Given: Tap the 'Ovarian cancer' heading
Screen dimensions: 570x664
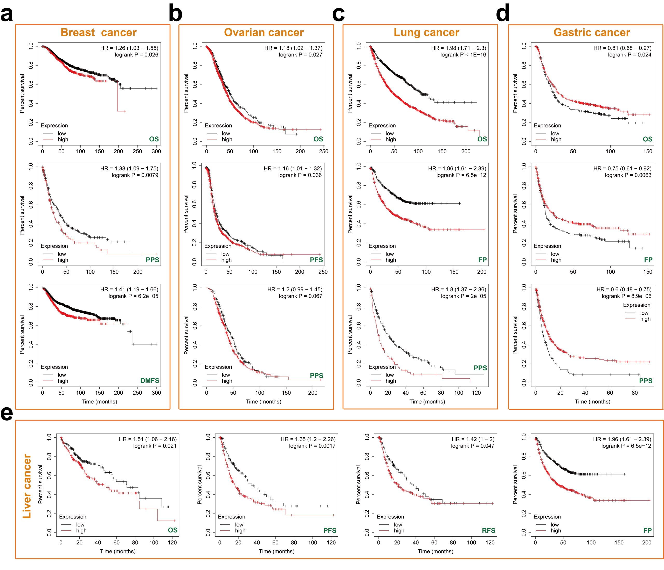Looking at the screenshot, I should tap(264, 33).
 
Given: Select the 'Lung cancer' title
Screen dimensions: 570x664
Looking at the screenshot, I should tap(426, 33).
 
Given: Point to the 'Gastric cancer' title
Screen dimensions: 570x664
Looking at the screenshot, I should tap(592, 33).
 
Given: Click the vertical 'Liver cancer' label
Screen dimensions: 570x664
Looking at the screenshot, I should tap(27, 486).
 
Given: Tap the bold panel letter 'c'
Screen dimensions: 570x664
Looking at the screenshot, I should tap(338, 15).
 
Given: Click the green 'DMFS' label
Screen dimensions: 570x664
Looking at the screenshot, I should tap(150, 380).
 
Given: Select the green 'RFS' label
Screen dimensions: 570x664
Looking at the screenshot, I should tap(488, 531).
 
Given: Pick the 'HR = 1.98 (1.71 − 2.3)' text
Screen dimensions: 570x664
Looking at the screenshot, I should tap(458, 48).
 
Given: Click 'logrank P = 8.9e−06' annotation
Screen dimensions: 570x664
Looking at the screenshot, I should tap(626, 296).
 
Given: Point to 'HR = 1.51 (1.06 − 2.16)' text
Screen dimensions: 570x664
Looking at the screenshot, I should tap(147, 439).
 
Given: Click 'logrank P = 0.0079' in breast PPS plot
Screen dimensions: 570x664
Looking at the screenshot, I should tap(135, 175).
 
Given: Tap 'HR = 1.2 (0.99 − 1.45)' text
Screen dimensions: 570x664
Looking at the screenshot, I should tap(295, 289).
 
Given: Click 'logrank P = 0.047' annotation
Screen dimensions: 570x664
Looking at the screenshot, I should tap(472, 446).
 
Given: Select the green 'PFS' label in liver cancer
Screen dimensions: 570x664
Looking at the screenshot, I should tap(330, 531).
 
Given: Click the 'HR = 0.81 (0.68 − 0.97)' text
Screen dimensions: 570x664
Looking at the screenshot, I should tap(622, 48).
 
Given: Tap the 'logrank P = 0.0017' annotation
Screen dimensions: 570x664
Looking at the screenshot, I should tap(312, 446).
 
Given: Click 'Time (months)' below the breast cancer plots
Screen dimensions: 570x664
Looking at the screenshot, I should tap(99, 402).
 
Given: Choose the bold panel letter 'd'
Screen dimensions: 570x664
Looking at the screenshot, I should tap(502, 15).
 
